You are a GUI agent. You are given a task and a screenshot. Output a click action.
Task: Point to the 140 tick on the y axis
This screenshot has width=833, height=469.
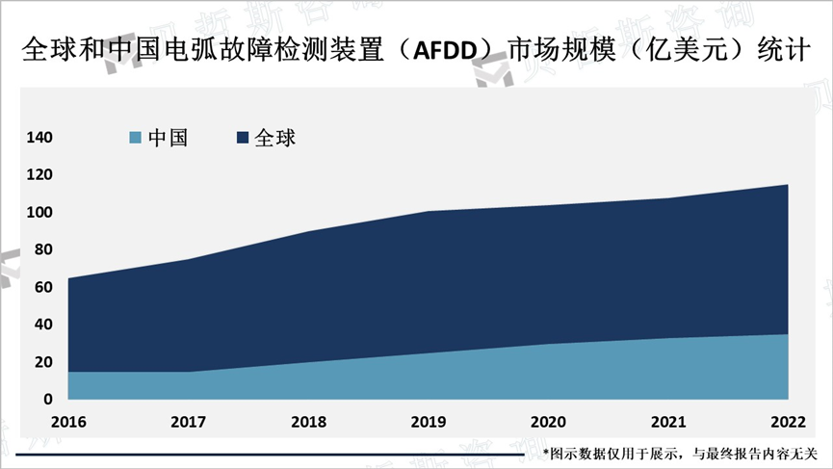point(40,138)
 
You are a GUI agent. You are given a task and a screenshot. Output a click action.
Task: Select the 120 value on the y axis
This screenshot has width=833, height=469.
point(40,175)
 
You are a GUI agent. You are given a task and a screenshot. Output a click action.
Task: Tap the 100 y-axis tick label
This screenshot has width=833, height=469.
point(40,213)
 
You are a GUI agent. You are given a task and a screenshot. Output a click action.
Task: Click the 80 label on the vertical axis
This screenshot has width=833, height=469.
point(44,250)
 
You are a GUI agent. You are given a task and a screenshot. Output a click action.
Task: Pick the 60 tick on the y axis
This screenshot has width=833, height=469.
point(44,287)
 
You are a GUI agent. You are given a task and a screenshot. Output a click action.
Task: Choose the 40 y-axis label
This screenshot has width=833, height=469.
point(44,325)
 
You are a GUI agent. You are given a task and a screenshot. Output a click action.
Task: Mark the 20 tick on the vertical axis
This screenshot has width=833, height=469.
point(44,362)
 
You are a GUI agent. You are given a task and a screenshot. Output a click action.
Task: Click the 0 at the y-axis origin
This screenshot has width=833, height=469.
point(48,399)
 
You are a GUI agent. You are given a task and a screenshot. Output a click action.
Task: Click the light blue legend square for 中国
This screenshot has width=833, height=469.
point(135,139)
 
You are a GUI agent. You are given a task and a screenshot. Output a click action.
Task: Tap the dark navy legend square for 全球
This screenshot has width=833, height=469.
point(243,139)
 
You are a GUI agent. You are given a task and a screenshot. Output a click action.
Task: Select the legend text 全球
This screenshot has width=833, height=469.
point(275,139)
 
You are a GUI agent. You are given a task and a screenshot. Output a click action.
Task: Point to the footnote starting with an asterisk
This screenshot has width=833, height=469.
point(680,453)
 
